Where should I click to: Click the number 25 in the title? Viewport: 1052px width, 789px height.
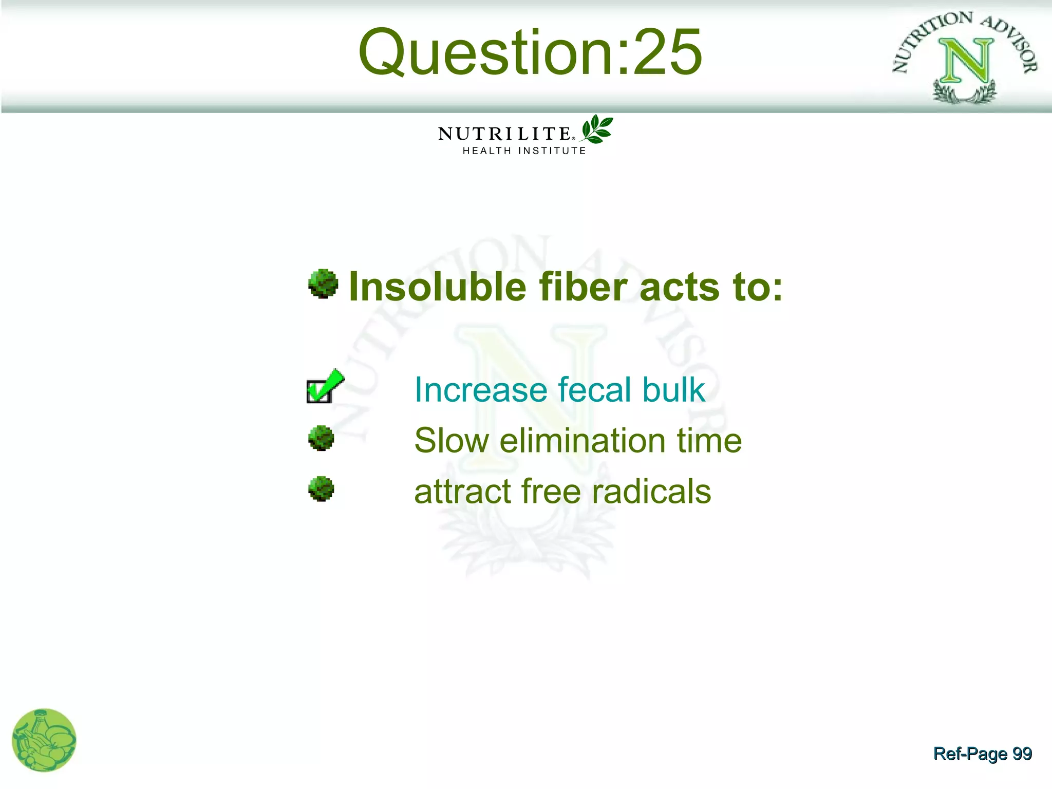(x=668, y=52)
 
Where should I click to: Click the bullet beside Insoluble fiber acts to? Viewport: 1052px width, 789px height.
(x=323, y=284)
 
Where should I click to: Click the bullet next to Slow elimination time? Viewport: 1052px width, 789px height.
(x=321, y=438)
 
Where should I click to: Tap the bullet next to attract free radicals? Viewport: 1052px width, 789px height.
(x=321, y=489)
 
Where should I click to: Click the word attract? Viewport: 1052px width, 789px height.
(x=462, y=492)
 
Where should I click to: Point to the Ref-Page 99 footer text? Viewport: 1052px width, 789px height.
(x=982, y=754)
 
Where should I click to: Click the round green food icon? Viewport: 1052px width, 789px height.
(x=44, y=740)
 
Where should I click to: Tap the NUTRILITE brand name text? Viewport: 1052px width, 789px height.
(x=504, y=134)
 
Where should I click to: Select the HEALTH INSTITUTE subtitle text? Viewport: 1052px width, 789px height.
(x=524, y=151)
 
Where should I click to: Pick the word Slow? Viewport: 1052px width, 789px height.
(x=452, y=441)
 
